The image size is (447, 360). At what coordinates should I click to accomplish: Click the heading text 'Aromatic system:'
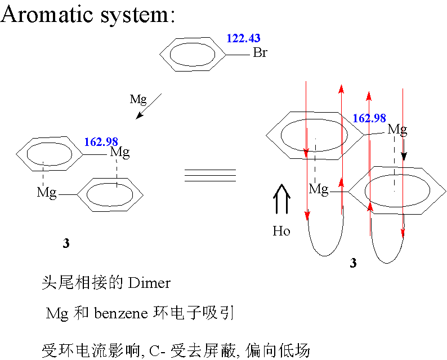87,14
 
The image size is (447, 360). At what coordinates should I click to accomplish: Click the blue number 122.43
243,38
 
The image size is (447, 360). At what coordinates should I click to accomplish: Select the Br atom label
260,52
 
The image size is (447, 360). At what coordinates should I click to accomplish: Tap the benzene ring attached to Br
160,54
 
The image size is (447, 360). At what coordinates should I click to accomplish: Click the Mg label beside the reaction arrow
138,100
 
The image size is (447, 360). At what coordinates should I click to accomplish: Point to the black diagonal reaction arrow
149,106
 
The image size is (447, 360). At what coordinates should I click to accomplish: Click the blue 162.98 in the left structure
101,142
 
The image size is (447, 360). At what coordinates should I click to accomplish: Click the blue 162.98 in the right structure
369,118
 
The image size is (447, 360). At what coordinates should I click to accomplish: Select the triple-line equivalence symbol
211,175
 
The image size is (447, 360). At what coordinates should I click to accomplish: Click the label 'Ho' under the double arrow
281,231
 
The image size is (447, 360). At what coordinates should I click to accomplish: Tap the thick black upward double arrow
281,199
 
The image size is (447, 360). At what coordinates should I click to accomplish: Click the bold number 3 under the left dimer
66,243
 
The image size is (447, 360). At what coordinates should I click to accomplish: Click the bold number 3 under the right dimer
353,263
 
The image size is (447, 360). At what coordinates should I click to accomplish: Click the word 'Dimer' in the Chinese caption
149,283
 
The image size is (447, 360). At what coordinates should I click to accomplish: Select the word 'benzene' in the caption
121,314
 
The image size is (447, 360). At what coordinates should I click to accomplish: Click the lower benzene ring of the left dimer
77,195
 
